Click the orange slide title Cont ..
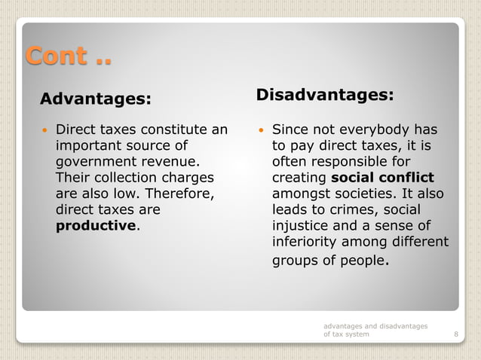pos(68,55)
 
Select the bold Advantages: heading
pos(95,99)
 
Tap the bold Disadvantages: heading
pos(324,95)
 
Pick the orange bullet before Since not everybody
pos(261,130)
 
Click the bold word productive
pos(97,225)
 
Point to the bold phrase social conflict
pos(382,178)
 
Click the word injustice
pos(300,225)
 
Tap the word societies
pos(369,194)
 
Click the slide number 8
pos(455,334)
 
